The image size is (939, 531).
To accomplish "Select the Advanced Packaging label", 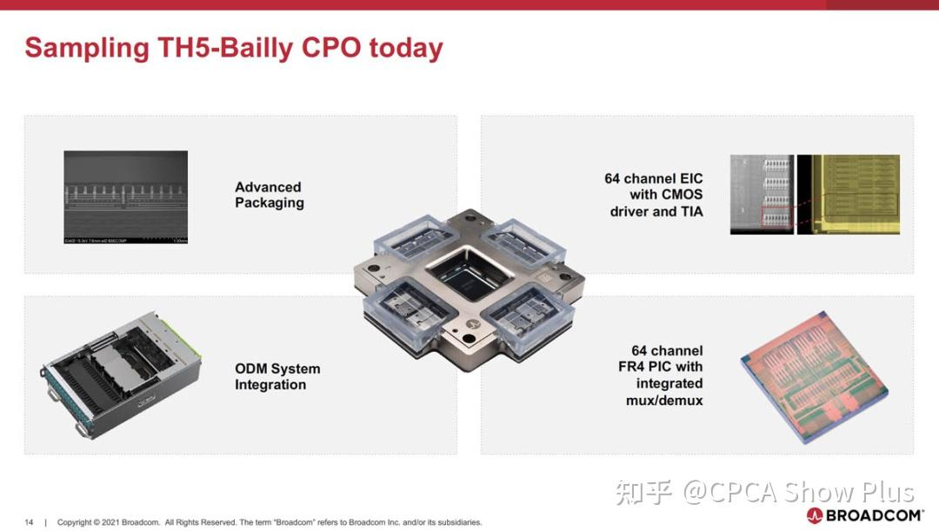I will pyautogui.click(x=270, y=195).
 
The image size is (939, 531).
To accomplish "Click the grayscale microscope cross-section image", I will pyautogui.click(x=125, y=196).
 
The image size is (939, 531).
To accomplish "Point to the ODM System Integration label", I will pyautogui.click(x=277, y=376).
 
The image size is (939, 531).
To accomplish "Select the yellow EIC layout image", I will pyautogui.click(x=849, y=195).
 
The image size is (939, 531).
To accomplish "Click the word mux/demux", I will pyautogui.click(x=664, y=401).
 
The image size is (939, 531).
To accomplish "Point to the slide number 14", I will pyautogui.click(x=29, y=522).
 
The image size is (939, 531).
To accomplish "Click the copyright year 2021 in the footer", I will pyautogui.click(x=110, y=522).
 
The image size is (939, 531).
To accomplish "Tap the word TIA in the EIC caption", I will pyautogui.click(x=689, y=211).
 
